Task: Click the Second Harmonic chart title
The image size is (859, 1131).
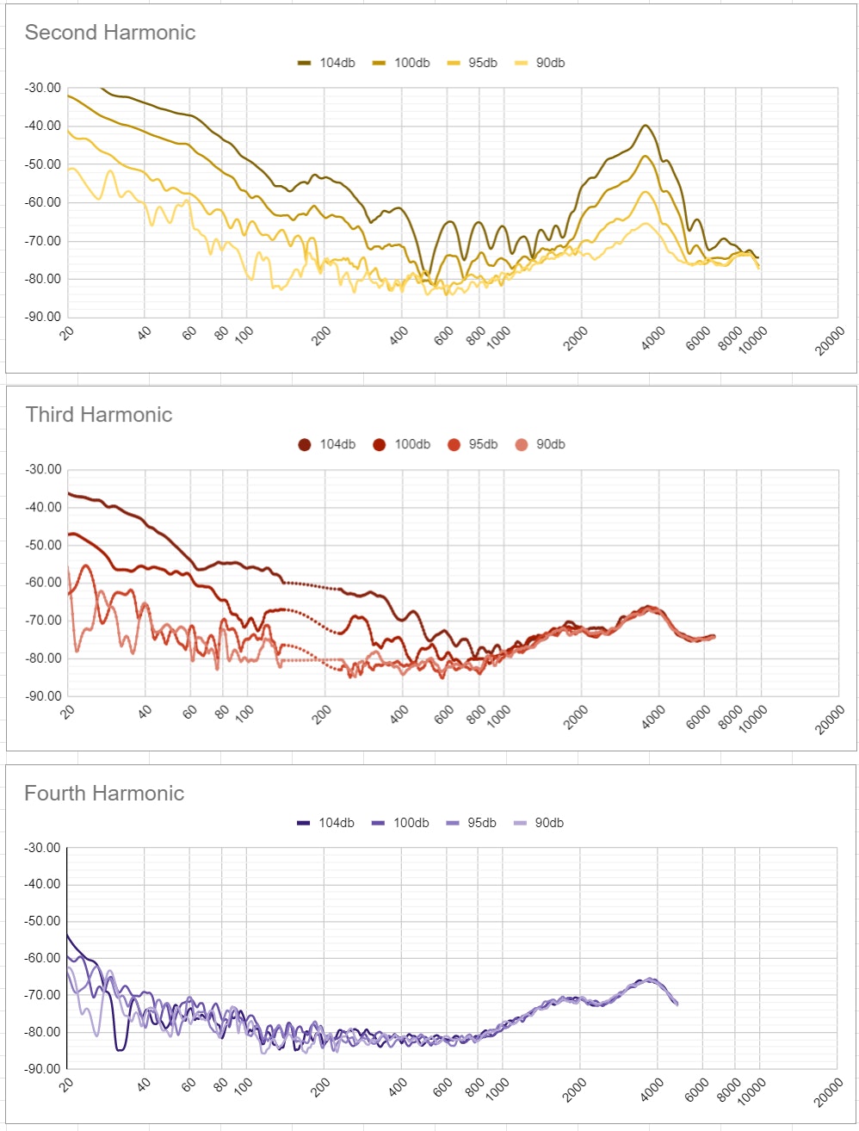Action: [110, 33]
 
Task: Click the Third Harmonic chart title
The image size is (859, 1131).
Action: [99, 415]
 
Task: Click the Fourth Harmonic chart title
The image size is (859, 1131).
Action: [104, 794]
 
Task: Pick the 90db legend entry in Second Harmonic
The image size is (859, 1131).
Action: [540, 63]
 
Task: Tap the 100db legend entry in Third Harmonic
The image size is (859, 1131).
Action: [401, 444]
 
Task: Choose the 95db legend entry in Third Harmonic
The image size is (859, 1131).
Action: [473, 444]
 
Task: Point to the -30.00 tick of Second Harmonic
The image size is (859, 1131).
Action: [44, 88]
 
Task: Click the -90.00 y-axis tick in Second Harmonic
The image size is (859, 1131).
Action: [44, 318]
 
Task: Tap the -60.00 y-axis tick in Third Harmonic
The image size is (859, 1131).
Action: [44, 583]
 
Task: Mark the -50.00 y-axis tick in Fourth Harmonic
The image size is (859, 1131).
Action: [44, 921]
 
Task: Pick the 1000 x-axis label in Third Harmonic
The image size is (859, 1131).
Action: [498, 717]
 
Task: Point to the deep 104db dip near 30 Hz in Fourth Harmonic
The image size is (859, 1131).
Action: [120, 1049]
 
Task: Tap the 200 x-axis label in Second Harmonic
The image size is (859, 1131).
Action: [322, 337]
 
